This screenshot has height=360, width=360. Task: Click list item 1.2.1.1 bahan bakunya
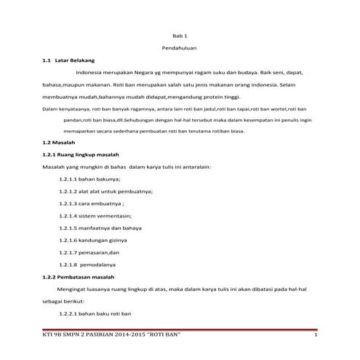pyautogui.click(x=89, y=178)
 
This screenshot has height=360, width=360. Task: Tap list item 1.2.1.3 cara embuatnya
pyautogui.click(x=92, y=203)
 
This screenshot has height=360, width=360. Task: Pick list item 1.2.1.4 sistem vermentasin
pyautogui.click(x=95, y=216)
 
